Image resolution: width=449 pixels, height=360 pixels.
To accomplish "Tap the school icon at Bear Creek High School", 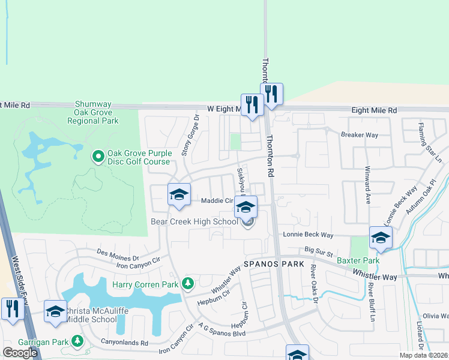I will click(246, 208).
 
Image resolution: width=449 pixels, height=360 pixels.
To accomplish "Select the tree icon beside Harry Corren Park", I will click(188, 283).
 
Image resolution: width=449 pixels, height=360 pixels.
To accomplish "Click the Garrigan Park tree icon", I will click(77, 341).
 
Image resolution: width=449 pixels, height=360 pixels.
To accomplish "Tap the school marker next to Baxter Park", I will click(381, 238).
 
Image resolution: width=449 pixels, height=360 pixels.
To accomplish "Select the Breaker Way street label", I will click(360, 135).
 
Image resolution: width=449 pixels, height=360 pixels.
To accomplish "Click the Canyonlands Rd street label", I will click(125, 343).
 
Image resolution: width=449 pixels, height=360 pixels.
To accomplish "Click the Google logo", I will click(20, 353).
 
